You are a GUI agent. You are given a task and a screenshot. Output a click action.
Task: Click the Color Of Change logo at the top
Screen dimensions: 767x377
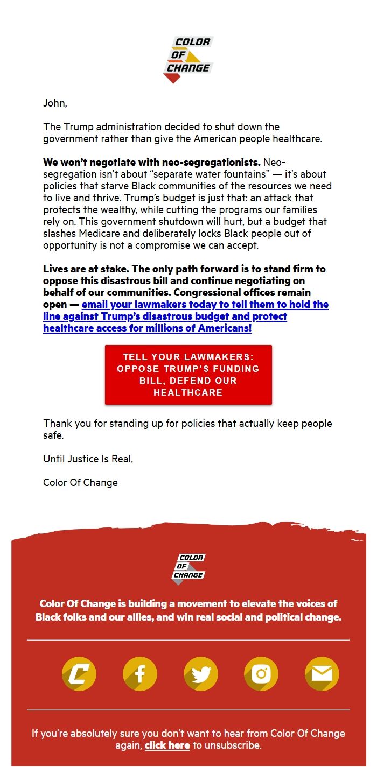tap(188, 59)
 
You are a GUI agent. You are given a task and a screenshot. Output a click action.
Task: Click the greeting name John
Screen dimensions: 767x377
tap(54, 103)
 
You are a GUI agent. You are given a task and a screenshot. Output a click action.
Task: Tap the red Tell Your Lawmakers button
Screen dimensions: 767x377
tap(188, 375)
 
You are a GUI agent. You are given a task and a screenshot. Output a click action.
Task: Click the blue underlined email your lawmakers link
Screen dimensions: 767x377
tap(186, 316)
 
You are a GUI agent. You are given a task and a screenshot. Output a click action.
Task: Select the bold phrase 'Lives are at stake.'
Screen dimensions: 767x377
tap(84, 269)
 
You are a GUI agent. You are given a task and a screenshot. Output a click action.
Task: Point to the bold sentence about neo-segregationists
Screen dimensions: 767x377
tap(152, 162)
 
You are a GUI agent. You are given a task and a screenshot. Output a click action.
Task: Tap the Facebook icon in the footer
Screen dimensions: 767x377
tap(140, 674)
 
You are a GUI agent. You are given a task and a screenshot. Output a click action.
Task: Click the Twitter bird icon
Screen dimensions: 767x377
tap(201, 674)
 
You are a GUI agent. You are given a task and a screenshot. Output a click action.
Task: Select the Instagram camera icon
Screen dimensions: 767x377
tap(261, 674)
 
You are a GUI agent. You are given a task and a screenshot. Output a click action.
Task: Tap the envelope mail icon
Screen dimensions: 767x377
tap(322, 674)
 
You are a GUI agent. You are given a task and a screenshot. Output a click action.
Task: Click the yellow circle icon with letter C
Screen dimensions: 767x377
tap(79, 674)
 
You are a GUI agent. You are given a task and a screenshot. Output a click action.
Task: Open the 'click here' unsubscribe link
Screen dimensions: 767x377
tap(167, 745)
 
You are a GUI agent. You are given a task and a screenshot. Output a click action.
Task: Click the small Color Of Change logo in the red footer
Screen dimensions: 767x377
tap(188, 568)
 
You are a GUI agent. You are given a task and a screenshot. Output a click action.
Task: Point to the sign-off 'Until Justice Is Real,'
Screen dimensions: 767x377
tap(88, 459)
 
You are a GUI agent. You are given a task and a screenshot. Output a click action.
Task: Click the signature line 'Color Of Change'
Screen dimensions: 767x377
tap(80, 483)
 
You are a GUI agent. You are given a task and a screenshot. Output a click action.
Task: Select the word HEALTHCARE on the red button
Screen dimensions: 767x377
tap(188, 392)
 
